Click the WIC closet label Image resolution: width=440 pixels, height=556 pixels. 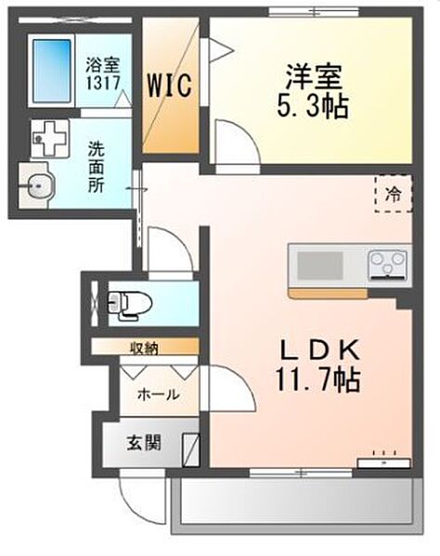pos(170,87)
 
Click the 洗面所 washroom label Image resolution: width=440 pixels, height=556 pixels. pos(97,164)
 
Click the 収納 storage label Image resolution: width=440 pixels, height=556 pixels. pos(144,347)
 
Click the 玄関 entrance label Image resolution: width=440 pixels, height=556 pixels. pos(144,442)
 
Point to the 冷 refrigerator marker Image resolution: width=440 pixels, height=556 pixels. pos(394,195)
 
